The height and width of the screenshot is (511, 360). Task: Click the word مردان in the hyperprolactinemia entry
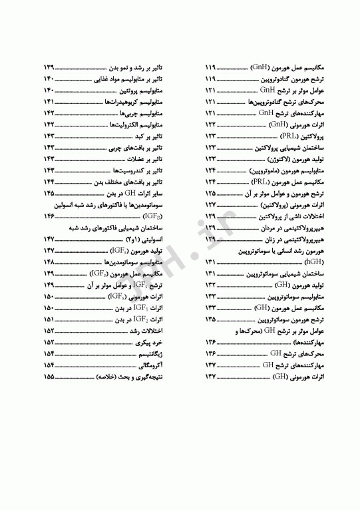tap(268, 228)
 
